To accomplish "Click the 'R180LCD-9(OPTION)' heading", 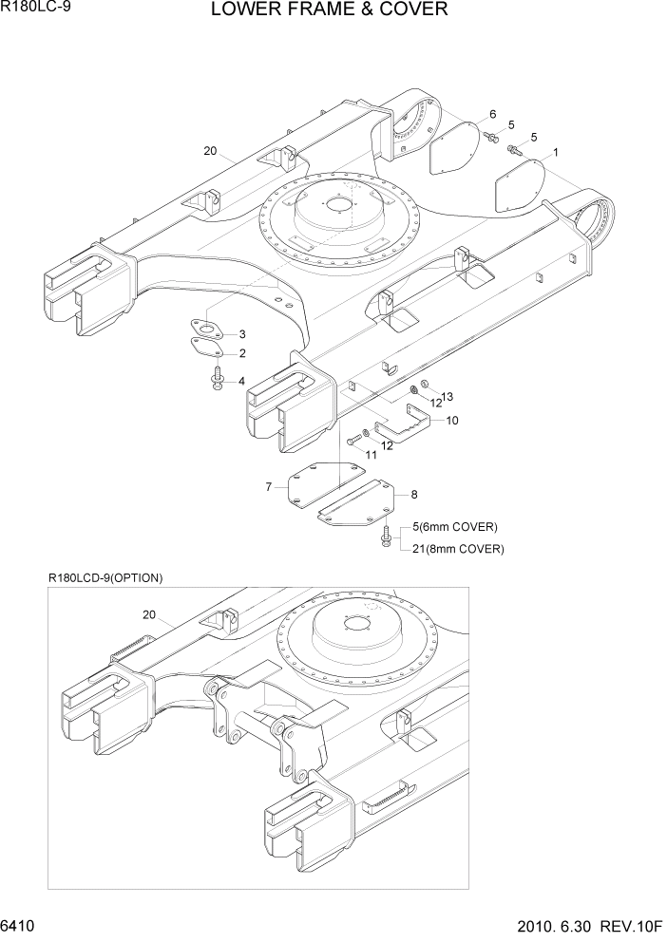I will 105,577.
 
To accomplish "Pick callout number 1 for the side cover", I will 555,152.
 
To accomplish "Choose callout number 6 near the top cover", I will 492,115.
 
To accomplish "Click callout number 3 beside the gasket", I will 242,334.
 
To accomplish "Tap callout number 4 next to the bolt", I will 241,381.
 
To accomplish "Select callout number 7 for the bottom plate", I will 269,487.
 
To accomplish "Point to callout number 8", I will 413,495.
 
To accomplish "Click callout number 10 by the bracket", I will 452,420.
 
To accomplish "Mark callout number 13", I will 448,396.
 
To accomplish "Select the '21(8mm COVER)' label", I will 457,549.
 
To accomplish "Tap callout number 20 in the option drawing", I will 148,615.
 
